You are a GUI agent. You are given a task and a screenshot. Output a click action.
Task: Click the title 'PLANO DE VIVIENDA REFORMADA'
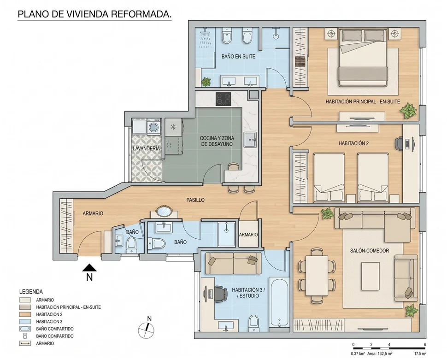pyautogui.click(x=94, y=14)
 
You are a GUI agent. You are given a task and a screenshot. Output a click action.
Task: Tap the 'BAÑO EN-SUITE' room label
pyautogui.click(x=238, y=57)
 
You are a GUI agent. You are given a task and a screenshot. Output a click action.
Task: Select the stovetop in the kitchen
pyautogui.click(x=223, y=99)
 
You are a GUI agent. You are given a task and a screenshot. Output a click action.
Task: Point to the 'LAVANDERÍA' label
pyautogui.click(x=146, y=148)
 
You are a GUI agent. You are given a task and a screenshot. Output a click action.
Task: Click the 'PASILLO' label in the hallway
pyautogui.click(x=195, y=200)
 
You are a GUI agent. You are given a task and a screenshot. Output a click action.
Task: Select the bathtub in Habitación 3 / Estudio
pyautogui.click(x=279, y=302)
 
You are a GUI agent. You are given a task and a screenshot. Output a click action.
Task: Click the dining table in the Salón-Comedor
pyautogui.click(x=317, y=276)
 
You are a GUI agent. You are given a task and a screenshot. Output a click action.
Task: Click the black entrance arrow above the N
pyautogui.click(x=89, y=267)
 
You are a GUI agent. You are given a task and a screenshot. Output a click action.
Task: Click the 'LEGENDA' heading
pyautogui.click(x=31, y=292)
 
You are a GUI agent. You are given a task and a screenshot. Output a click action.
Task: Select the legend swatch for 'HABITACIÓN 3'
pyautogui.click(x=25, y=322)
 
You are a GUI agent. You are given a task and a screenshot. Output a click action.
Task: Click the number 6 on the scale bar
pyautogui.click(x=425, y=345)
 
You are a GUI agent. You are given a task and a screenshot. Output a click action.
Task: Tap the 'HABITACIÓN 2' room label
pyautogui.click(x=353, y=143)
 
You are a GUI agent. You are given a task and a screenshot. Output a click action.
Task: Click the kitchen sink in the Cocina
pyautogui.click(x=251, y=140)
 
